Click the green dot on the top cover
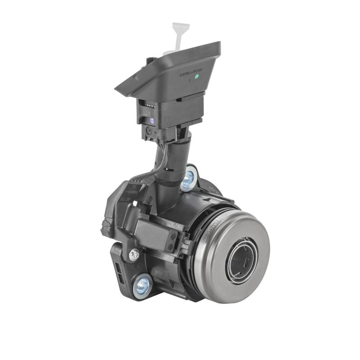coord(197,77)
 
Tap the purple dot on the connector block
coord(152,121)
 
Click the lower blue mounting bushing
coord(142,284)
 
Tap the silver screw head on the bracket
coord(134,255)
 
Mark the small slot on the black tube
coord(171,171)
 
